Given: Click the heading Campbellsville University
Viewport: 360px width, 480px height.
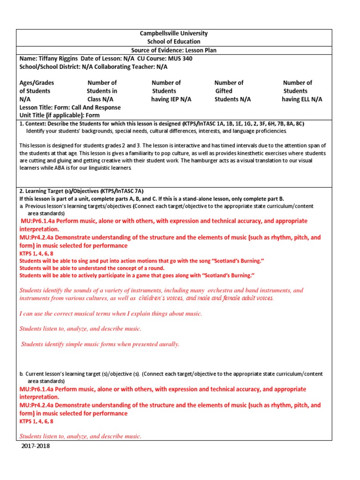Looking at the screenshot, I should click(174, 34).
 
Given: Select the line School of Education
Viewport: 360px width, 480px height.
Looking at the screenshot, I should click(174, 42).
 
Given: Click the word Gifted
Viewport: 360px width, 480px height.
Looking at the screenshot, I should click(224, 91).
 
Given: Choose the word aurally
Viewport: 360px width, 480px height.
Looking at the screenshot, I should click(168, 344).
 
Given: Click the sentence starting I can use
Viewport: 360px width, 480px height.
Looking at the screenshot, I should click(111, 314).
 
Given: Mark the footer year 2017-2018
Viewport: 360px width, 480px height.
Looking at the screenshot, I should click(36, 446).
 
